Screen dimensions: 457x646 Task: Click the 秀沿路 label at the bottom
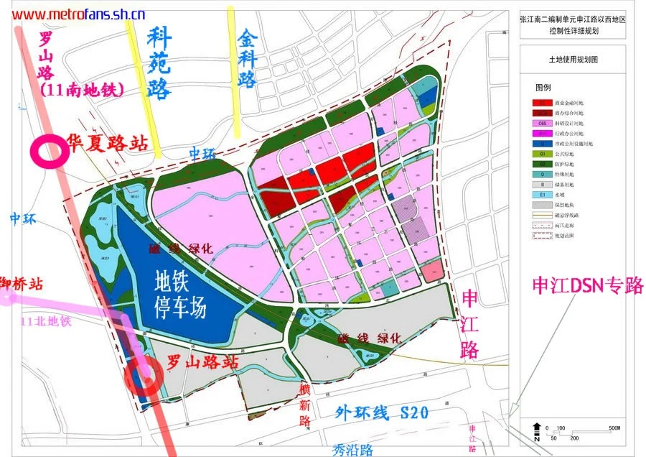tap(353, 449)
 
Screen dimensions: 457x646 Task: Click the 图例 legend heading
tap(543, 87)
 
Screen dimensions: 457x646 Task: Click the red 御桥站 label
tap(22, 284)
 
